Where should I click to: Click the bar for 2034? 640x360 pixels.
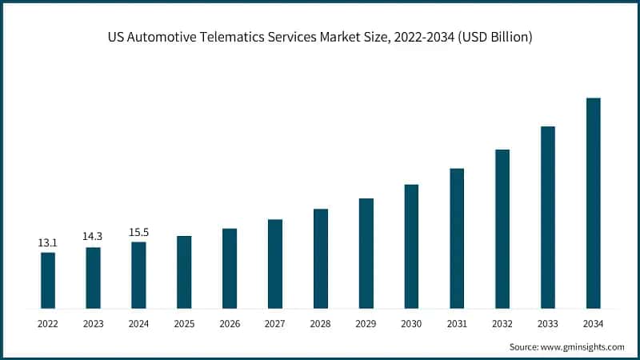click(593, 203)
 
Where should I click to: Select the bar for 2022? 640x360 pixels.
click(48, 280)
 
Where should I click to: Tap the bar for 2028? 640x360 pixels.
click(321, 258)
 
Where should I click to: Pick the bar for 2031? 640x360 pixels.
click(457, 238)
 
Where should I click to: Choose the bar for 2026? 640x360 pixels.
click(230, 268)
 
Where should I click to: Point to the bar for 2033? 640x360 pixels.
click(548, 217)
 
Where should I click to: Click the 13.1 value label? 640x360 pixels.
click(48, 242)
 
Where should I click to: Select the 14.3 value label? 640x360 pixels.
click(94, 237)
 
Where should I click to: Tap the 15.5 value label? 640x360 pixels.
click(139, 232)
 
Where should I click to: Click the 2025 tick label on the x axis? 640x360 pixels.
click(184, 324)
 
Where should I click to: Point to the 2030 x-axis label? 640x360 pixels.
click(411, 324)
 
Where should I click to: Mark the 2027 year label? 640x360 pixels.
click(275, 324)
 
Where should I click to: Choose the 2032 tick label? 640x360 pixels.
click(502, 324)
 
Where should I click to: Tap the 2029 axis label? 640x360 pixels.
click(366, 324)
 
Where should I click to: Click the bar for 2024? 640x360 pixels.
click(139, 274)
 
